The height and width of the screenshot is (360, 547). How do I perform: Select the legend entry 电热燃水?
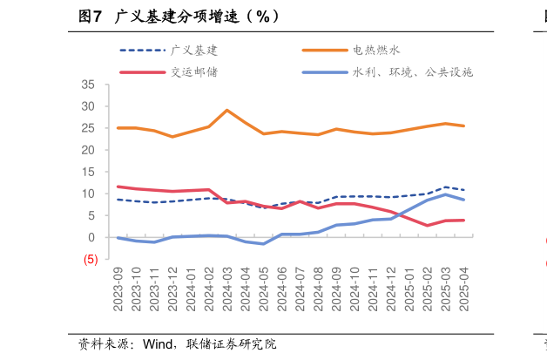click(376, 51)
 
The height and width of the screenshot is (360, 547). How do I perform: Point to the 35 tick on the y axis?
click(89, 85)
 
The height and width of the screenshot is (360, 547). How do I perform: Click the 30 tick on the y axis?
click(89, 106)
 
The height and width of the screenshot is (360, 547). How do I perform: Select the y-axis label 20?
click(89, 150)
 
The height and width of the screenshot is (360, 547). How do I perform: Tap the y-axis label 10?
click(89, 194)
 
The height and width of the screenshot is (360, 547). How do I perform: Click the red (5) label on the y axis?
click(91, 259)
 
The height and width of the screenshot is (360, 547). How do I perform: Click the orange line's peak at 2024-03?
click(227, 110)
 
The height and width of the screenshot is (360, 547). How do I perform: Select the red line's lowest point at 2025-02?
click(428, 226)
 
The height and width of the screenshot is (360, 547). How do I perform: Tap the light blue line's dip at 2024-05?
click(264, 244)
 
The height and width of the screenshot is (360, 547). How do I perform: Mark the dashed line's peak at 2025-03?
click(446, 187)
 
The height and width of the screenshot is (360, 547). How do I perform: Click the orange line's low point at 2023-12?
click(172, 137)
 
